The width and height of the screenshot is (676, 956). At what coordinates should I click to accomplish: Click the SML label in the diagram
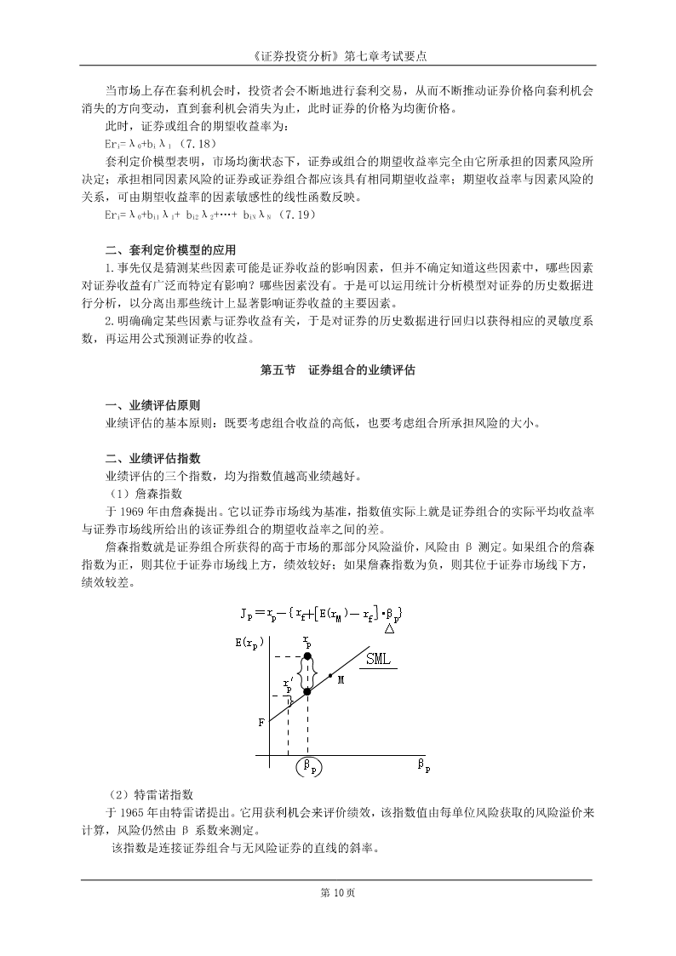pyautogui.click(x=380, y=659)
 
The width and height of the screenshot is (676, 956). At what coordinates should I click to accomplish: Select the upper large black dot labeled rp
pyautogui.click(x=307, y=655)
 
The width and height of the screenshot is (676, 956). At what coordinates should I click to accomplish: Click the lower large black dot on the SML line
pyautogui.click(x=307, y=691)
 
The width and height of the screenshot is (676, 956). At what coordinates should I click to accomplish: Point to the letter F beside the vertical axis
pyautogui.click(x=261, y=722)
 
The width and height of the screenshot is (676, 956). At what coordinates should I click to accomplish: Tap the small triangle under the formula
pyautogui.click(x=388, y=629)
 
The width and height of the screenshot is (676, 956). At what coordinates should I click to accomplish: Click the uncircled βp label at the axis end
pyautogui.click(x=423, y=765)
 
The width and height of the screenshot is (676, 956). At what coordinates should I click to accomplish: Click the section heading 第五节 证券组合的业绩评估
pyautogui.click(x=337, y=371)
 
